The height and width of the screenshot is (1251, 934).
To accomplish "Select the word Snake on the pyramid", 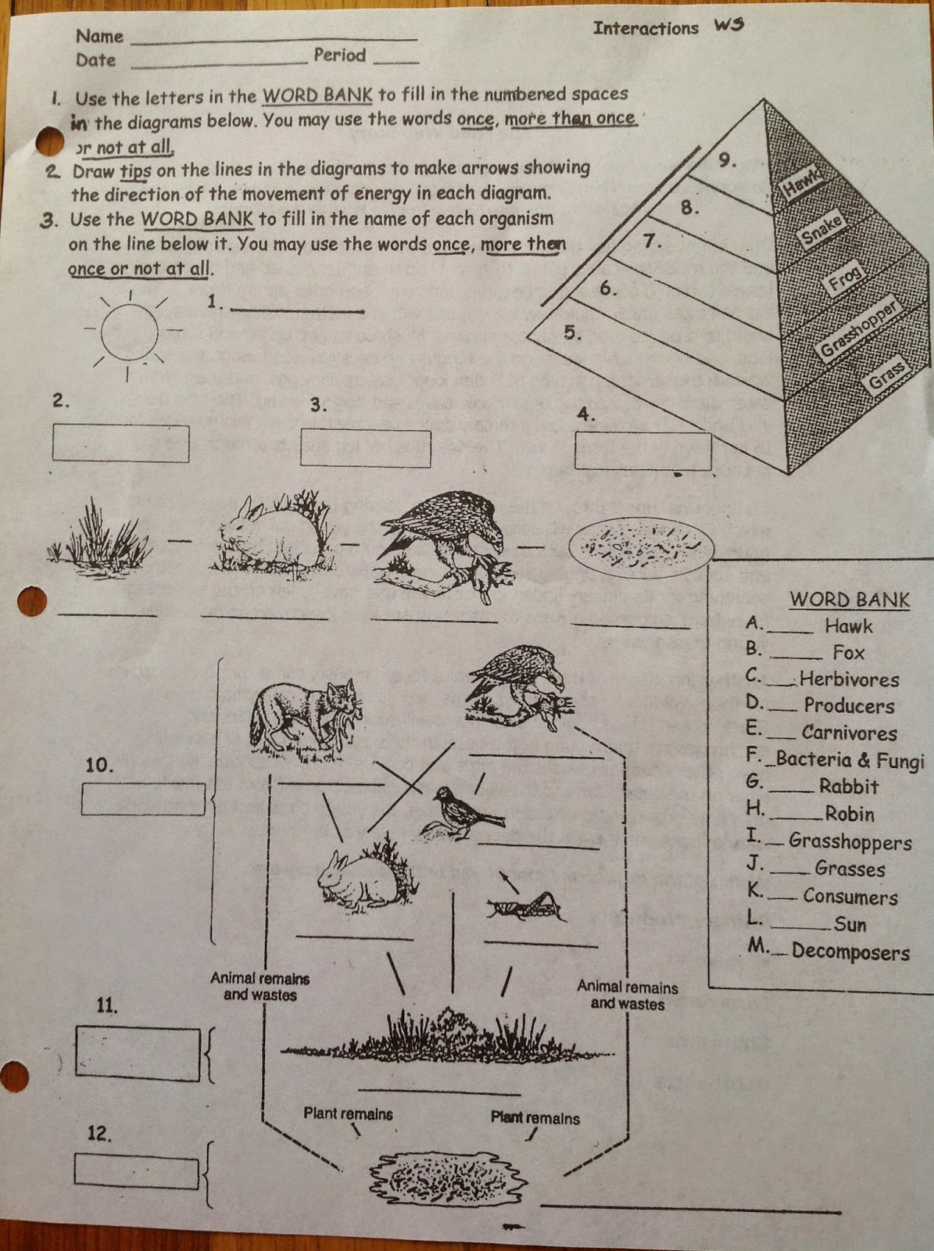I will pyautogui.click(x=821, y=230).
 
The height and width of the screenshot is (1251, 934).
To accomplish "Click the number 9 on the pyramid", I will pyautogui.click(x=727, y=160).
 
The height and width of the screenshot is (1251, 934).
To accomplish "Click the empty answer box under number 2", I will pyautogui.click(x=120, y=443).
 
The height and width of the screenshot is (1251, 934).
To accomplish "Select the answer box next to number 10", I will pyautogui.click(x=143, y=799).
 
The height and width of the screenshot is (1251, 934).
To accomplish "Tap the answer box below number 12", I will pyautogui.click(x=136, y=1170).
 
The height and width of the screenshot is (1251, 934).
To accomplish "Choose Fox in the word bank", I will pyautogui.click(x=848, y=653).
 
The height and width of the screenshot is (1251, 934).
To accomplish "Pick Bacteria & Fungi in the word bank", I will pyautogui.click(x=849, y=760).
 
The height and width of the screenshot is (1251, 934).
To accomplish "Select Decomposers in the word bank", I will pyautogui.click(x=850, y=952).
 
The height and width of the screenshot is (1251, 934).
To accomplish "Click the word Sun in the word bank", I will pyautogui.click(x=850, y=924).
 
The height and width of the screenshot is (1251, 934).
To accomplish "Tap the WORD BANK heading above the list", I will pyautogui.click(x=849, y=600).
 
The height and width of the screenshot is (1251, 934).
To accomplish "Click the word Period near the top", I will pyautogui.click(x=339, y=56).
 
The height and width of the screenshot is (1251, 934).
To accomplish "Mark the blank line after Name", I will pyautogui.click(x=274, y=38).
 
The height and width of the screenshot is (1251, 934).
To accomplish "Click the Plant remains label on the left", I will pyautogui.click(x=348, y=1113).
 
